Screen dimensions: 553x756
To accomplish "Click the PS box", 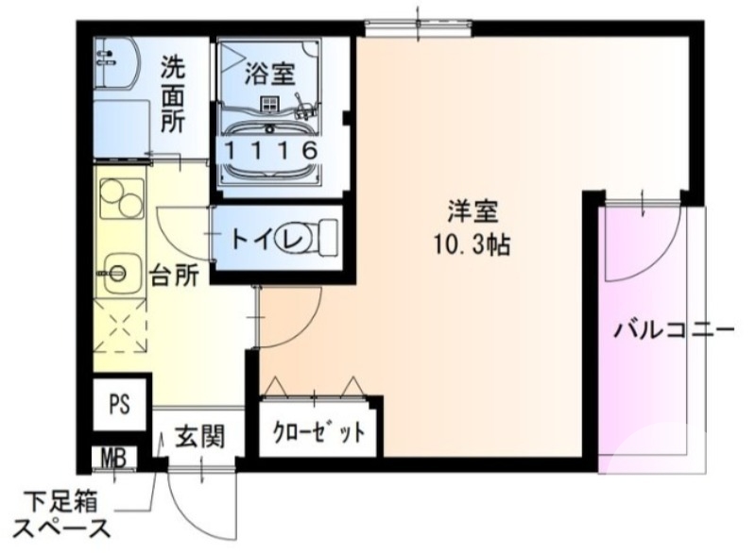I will [x=118, y=405].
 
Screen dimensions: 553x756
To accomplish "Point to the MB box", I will [x=113, y=459].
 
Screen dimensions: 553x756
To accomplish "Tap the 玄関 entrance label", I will [x=199, y=438].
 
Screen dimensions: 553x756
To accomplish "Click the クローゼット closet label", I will [x=319, y=434].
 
